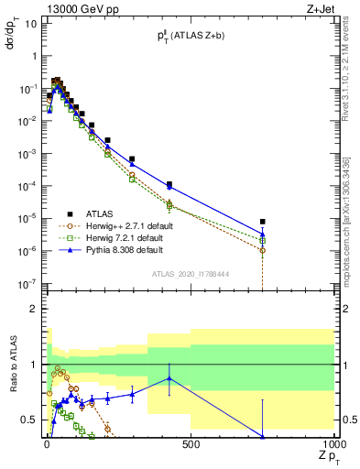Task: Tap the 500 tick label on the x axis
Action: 191,445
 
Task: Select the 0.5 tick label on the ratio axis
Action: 29,420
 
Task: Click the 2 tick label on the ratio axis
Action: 33,309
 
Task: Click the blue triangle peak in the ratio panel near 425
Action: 169,378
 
